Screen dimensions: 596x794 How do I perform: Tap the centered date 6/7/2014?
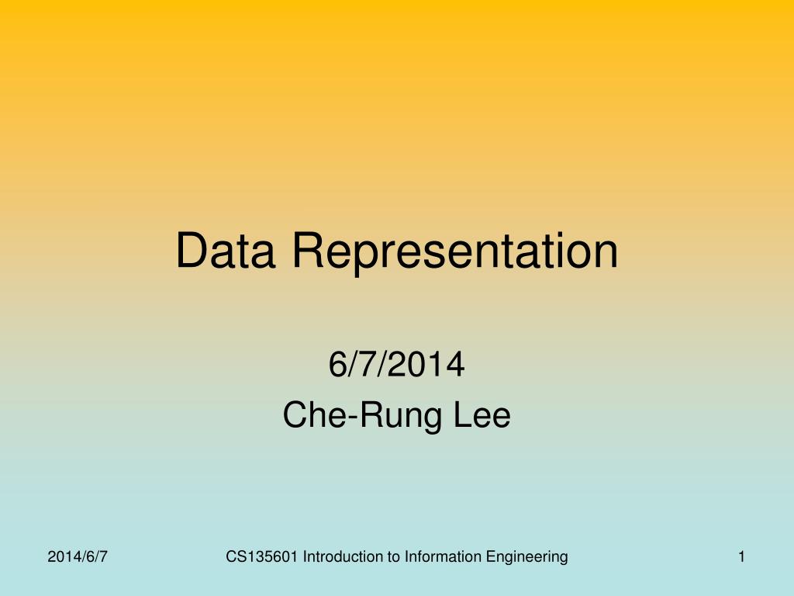tap(396, 365)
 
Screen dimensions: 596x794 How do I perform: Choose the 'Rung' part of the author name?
tap(396, 417)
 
